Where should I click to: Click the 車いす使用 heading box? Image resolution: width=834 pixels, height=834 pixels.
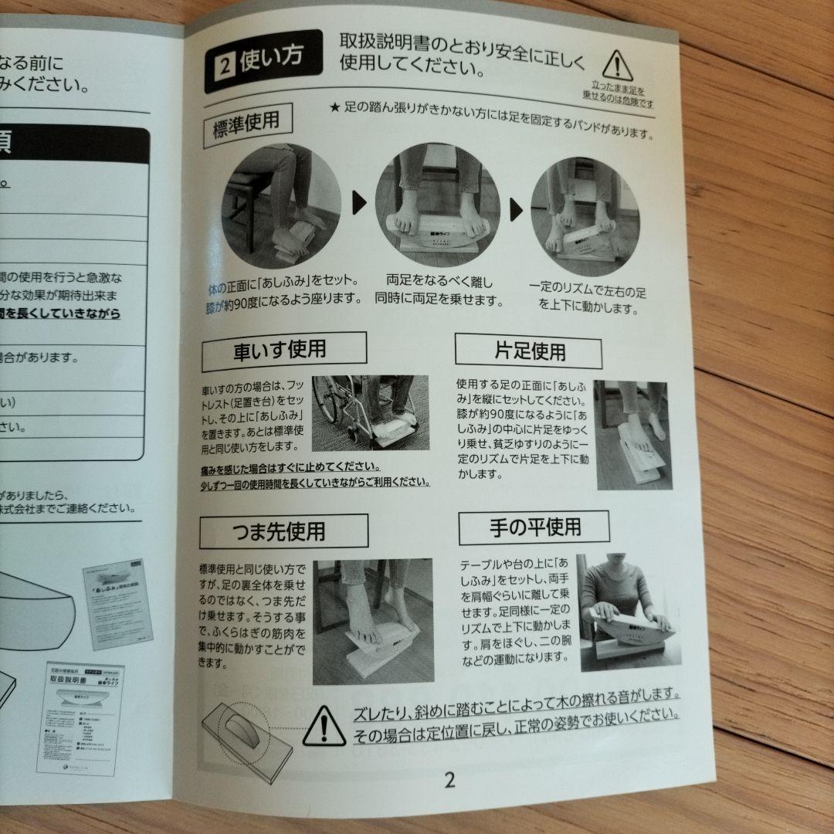[x=283, y=351]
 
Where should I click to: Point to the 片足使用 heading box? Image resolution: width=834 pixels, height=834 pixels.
[x=528, y=351]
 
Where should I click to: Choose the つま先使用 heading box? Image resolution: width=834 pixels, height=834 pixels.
[x=283, y=531]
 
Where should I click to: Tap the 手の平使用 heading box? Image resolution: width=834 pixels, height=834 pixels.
[x=534, y=528]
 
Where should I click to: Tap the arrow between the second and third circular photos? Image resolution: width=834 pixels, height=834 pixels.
[x=516, y=209]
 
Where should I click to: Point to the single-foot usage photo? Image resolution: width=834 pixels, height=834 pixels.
[x=632, y=434]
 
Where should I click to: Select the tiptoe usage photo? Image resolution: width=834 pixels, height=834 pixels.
[x=372, y=620]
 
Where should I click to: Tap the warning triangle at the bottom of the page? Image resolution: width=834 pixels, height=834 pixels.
[x=324, y=726]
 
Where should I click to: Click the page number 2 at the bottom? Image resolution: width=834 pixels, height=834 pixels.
[x=449, y=779]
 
